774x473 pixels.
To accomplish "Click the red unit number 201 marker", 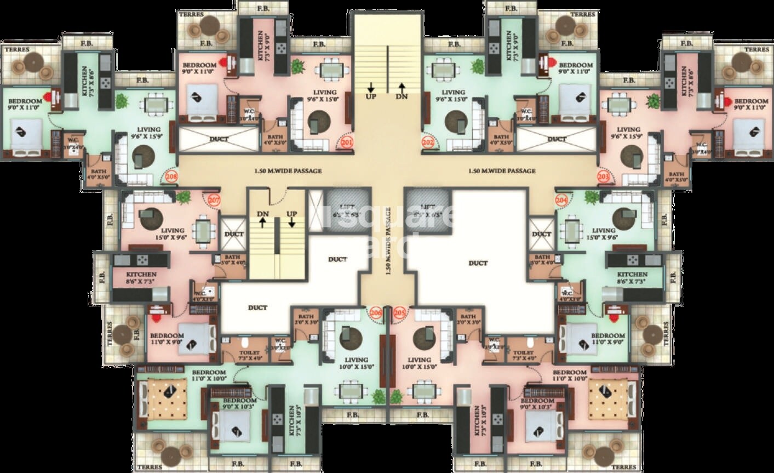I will (x=347, y=143).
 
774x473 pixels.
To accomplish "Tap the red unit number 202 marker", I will (x=428, y=143).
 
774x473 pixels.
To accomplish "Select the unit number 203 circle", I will (x=604, y=176).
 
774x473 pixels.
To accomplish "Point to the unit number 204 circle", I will (x=561, y=200).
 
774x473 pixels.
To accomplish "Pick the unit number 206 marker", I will (x=376, y=312).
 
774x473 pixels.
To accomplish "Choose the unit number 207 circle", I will (x=214, y=200).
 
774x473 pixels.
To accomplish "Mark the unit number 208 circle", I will (x=171, y=176).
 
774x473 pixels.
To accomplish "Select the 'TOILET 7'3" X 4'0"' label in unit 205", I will (x=524, y=355).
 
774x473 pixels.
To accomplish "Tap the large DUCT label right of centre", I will (x=478, y=263).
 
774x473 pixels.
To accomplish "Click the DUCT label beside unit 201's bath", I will (x=219, y=139).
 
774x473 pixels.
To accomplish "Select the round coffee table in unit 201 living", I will (x=317, y=123).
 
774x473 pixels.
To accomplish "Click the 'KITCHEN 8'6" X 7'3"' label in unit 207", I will (x=141, y=277).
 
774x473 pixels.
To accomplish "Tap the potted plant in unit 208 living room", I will (x=121, y=101).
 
